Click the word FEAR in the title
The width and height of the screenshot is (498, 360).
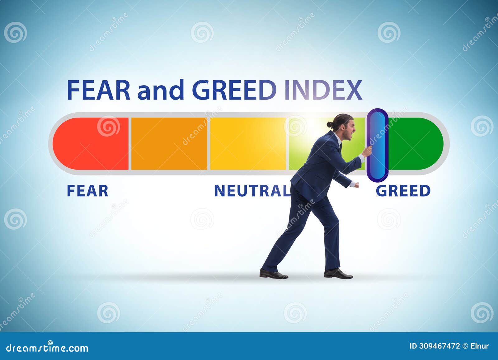click(x=98, y=90)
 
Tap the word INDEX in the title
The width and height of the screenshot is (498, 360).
click(x=323, y=90)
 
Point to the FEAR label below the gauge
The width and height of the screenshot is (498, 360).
click(x=87, y=191)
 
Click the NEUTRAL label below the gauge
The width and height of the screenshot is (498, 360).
click(x=252, y=191)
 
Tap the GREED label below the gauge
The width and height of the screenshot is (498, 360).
click(x=403, y=191)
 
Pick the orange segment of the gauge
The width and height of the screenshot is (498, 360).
click(x=169, y=143)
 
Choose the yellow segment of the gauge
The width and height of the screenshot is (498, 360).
click(x=248, y=143)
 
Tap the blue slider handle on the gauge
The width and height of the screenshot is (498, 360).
click(x=378, y=145)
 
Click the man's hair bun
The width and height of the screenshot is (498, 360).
click(x=330, y=124)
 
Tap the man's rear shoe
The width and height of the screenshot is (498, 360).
click(x=273, y=274)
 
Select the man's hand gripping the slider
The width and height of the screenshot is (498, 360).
click(x=368, y=152)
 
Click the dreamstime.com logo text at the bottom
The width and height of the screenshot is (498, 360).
click(x=47, y=348)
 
